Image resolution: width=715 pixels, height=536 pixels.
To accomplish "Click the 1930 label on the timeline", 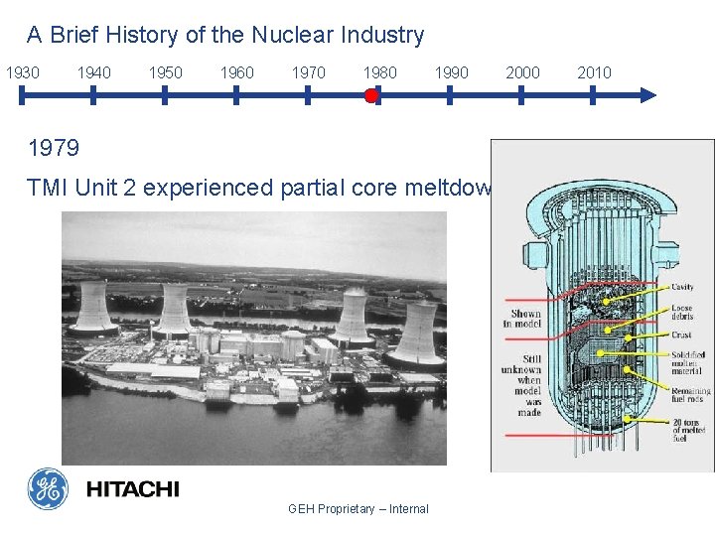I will coord(23,72).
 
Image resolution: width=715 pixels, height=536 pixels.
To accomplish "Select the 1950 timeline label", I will coord(165,72).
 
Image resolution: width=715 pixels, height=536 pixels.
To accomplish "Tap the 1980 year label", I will coord(379,72).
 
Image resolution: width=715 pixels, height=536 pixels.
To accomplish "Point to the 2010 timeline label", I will coord(594,72).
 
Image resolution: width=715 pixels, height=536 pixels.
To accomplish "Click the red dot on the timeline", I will coord(370,95).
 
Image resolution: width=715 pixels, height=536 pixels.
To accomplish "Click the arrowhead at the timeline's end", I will coord(647,95).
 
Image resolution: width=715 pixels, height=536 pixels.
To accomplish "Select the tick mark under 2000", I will coord(522,95).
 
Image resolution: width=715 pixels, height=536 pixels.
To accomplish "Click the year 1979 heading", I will coord(54,149).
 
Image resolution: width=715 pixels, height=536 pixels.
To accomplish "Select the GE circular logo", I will coord(48,488).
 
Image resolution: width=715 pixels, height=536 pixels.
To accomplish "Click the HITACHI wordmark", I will coord(132,489).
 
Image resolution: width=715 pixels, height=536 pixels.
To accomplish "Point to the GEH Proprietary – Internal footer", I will coord(357,509).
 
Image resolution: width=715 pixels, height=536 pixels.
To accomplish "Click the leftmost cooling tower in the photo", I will coord(93,308).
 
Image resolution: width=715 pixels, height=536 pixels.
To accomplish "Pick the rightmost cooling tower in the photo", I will coord(415,334).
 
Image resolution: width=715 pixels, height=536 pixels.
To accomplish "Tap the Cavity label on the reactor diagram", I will coord(682,288).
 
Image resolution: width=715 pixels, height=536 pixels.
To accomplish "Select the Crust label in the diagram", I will coord(681,335).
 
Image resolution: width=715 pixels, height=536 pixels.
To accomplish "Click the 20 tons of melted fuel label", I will coord(689,430).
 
